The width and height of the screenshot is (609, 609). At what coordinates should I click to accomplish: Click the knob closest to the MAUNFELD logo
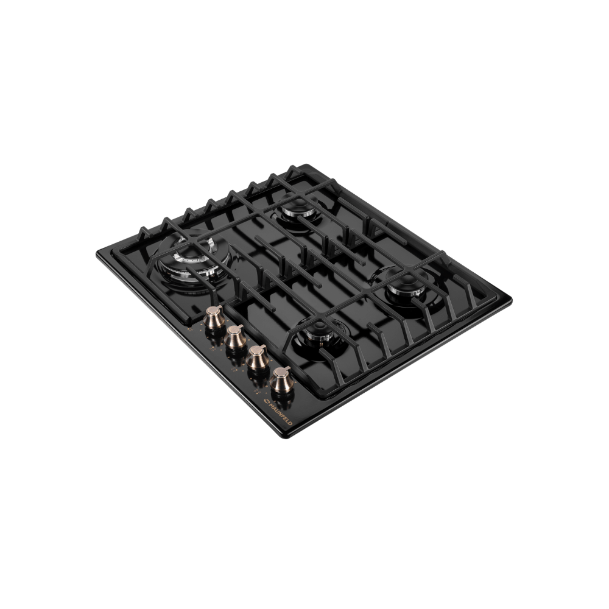click(x=281, y=381)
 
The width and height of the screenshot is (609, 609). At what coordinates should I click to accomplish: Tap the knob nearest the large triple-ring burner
click(x=214, y=318)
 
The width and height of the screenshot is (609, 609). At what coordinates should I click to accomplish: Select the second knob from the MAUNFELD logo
click(x=257, y=357)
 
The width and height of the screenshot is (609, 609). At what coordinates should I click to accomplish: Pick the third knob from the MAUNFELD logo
click(x=236, y=337)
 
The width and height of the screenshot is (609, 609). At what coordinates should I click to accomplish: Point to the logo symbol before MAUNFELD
click(x=267, y=401)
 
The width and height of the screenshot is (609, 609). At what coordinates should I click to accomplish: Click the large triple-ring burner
click(x=193, y=261)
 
